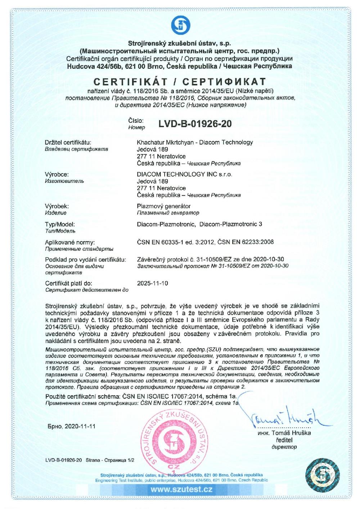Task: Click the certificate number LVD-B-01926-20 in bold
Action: click(195, 124)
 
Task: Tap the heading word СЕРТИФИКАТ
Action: click(230, 81)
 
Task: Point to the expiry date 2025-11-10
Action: click(153, 283)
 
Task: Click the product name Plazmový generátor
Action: click(164, 206)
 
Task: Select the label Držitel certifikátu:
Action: click(68, 142)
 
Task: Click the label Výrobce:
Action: click(57, 174)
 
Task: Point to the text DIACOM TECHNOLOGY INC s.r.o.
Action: click(185, 174)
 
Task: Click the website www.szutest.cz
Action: click(181, 490)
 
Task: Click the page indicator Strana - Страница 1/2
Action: click(110, 460)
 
